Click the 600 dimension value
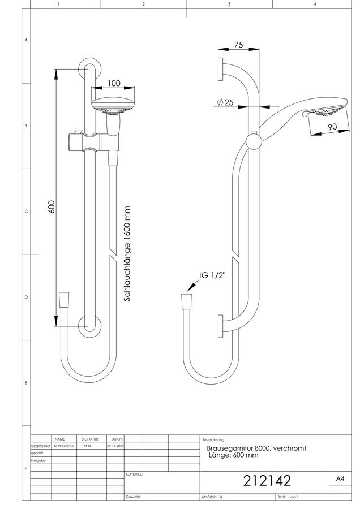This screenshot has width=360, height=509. pos(52,207)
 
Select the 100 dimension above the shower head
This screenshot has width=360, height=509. pos(114,84)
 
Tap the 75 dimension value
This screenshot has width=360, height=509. pos(238,45)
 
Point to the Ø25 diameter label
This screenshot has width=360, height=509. pos(225,102)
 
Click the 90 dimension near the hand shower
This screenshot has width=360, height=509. pos(332,127)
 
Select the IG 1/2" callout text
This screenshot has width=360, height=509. pos(212,275)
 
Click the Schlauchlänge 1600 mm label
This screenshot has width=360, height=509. pos(127,253)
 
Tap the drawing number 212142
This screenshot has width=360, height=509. pos(267,480)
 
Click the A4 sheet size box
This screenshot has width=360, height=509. pos(340,479)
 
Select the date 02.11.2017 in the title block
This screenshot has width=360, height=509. pos(115,446)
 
